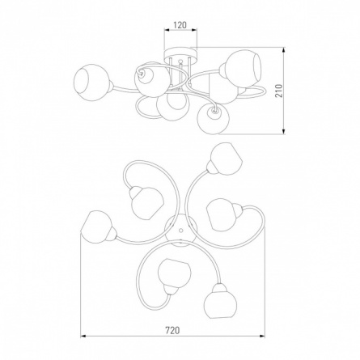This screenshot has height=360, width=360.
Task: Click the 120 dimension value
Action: [180, 25]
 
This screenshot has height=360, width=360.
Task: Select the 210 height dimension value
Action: [278, 91]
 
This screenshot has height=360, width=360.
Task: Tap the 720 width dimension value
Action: [172, 330]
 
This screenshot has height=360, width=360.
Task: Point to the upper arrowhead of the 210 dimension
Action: [283, 51]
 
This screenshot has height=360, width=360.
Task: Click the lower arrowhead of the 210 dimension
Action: [283, 131]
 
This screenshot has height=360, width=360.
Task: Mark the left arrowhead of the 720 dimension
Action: [84, 337]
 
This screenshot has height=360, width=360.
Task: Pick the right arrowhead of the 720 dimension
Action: [262, 337]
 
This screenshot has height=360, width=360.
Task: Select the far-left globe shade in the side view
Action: [92, 83]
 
